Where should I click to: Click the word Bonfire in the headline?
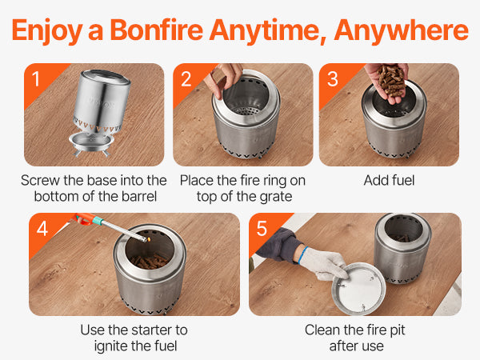coord(156,30)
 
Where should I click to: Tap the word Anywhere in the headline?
coord(401,30)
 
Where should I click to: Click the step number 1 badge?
coord(36,79)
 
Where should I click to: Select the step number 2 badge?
coord(186,79)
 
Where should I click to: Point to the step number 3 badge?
coord(333,79)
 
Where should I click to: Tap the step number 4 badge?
coord(42,228)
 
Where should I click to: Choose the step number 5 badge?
coord(262,228)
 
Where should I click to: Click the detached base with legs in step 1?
coord(91,144)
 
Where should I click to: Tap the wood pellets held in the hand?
coord(391,79)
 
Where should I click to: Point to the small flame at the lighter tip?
coord(149,239)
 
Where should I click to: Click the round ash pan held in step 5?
coord(358,289)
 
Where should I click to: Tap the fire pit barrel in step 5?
coord(402,248)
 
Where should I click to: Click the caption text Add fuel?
coord(389,180)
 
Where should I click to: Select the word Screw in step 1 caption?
coord(41,180)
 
